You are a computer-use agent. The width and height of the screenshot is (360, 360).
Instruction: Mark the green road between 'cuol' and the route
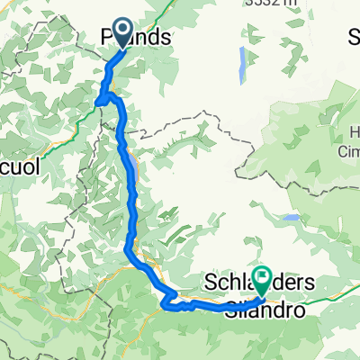coord(63,126)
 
